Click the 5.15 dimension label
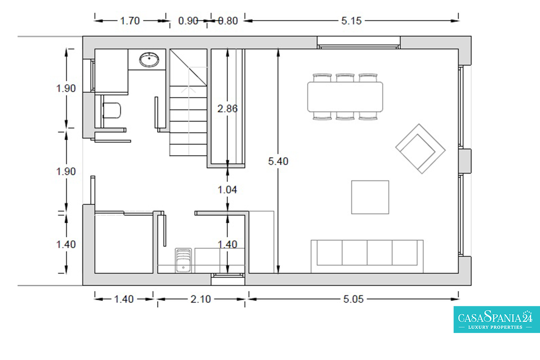tap(351, 21)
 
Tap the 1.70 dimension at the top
tap(130, 21)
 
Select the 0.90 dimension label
tap(188, 21)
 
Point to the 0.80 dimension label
tap(228, 21)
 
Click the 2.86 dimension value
tap(227, 109)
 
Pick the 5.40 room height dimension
tap(278, 161)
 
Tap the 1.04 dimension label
tap(227, 190)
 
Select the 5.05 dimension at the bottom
tap(353, 299)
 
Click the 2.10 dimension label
tap(201, 299)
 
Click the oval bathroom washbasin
tap(149, 59)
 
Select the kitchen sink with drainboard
tap(183, 260)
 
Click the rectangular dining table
tap(345, 97)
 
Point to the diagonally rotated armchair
tap(420, 149)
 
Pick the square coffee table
tap(370, 197)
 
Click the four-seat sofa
tap(367, 256)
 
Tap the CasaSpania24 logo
tap(497, 319)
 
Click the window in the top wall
tap(359, 43)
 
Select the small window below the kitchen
tap(228, 279)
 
